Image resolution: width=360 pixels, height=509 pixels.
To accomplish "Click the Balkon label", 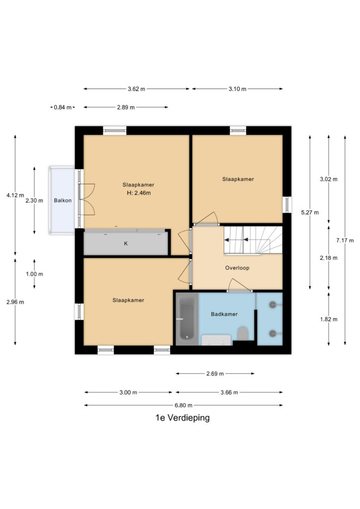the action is pyautogui.click(x=63, y=200).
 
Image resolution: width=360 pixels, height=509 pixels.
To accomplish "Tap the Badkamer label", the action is pyautogui.click(x=224, y=314).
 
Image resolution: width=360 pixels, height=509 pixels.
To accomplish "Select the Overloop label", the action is pyautogui.click(x=237, y=268).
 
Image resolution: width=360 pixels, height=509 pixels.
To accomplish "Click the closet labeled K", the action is pyautogui.click(x=126, y=243).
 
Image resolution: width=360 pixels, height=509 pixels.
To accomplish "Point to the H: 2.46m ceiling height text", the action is pyautogui.click(x=139, y=193).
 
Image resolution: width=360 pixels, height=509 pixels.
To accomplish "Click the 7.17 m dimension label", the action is pyautogui.click(x=345, y=240).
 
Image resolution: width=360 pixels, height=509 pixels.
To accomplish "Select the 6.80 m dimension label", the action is pyautogui.click(x=183, y=405).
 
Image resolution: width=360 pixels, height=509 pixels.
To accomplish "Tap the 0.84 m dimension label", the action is pyautogui.click(x=63, y=107).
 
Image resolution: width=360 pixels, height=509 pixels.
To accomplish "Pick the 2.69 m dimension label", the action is pyautogui.click(x=215, y=374).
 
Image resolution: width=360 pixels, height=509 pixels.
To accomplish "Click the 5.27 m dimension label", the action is pyautogui.click(x=310, y=212).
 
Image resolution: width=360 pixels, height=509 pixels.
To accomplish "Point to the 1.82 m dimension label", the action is pyautogui.click(x=329, y=319).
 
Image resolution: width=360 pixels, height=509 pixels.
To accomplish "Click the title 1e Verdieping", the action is pyautogui.click(x=182, y=418).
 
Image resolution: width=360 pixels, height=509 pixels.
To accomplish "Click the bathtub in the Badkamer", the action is pyautogui.click(x=187, y=319).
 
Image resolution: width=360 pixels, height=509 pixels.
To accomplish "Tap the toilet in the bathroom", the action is pyautogui.click(x=243, y=334).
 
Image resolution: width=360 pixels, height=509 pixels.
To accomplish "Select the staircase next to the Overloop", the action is pyautogui.click(x=253, y=240).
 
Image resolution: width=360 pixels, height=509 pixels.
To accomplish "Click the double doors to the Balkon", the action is pyautogui.click(x=86, y=199).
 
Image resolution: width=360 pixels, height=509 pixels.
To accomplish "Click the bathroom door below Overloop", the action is pyautogui.click(x=240, y=286).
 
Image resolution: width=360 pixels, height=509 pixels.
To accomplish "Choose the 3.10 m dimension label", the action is pyautogui.click(x=237, y=88).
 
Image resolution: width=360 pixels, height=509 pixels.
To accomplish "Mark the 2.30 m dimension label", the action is pyautogui.click(x=34, y=201).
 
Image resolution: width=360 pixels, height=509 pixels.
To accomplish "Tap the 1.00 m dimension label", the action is pyautogui.click(x=34, y=274).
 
